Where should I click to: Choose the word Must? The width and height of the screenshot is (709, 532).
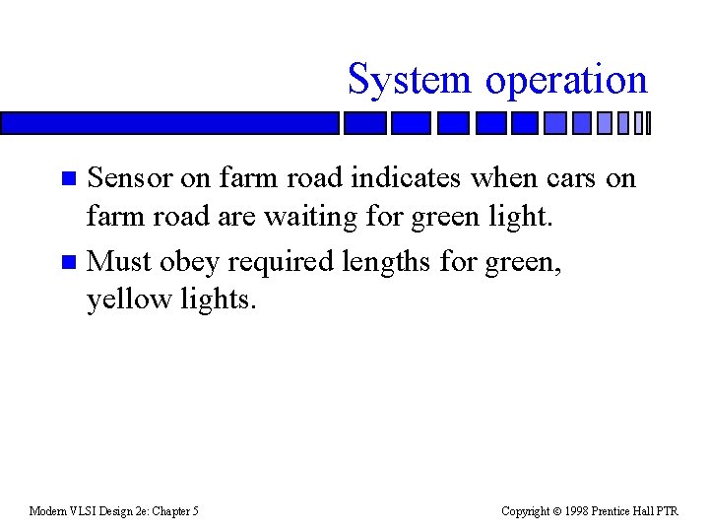(x=119, y=261)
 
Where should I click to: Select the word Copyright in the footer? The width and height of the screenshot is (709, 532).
(x=527, y=510)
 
